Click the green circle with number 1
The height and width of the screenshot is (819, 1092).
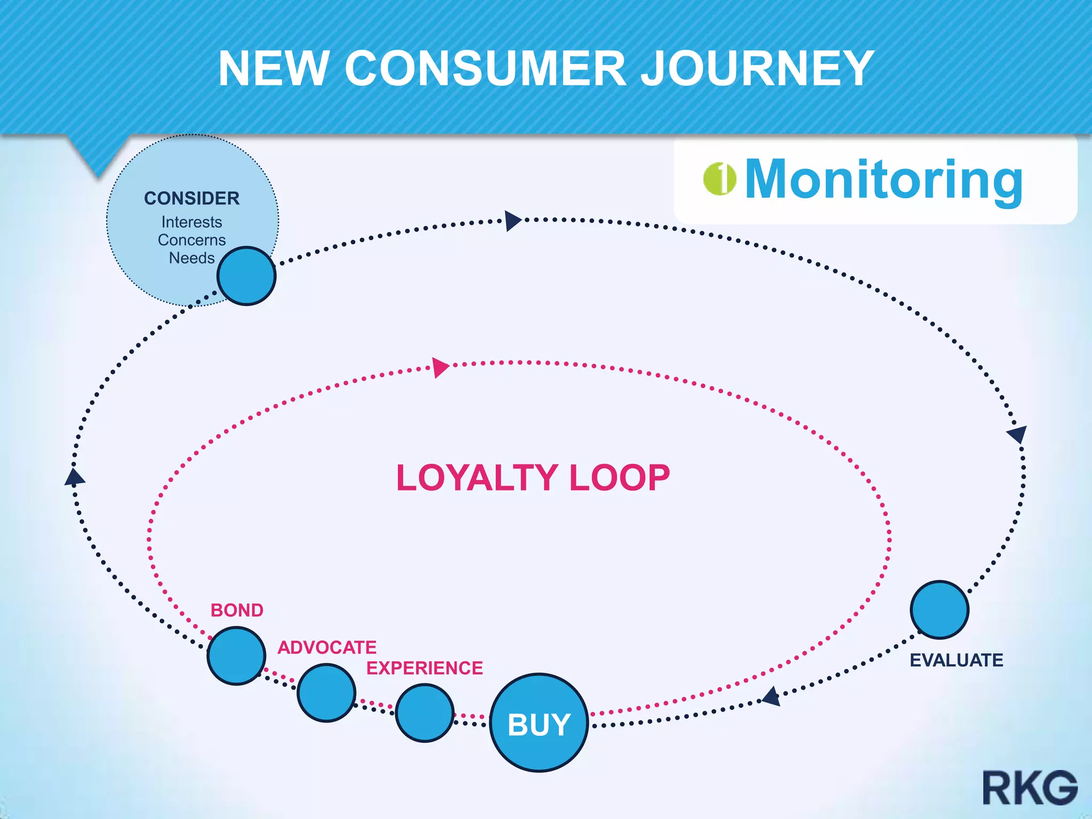coord(719,179)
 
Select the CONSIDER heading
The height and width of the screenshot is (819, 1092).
coord(192,198)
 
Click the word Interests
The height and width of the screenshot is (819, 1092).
coord(192,222)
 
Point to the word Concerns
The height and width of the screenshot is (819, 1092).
coord(192,240)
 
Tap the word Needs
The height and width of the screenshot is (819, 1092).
coord(192,258)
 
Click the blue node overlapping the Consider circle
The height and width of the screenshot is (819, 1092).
coord(246,276)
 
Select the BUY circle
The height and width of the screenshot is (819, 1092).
coord(539,723)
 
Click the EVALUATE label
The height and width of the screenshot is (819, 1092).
coord(957,660)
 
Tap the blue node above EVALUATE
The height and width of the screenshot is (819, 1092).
coord(940,609)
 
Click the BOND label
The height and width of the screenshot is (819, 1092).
coord(237,610)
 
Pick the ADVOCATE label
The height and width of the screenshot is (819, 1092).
coord(327,647)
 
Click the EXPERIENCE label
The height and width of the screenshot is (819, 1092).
coord(424,668)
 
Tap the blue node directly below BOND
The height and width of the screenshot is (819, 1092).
coord(236,656)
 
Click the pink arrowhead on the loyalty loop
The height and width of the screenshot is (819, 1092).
coord(440,367)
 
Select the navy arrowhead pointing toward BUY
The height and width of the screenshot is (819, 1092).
coord(772,696)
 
